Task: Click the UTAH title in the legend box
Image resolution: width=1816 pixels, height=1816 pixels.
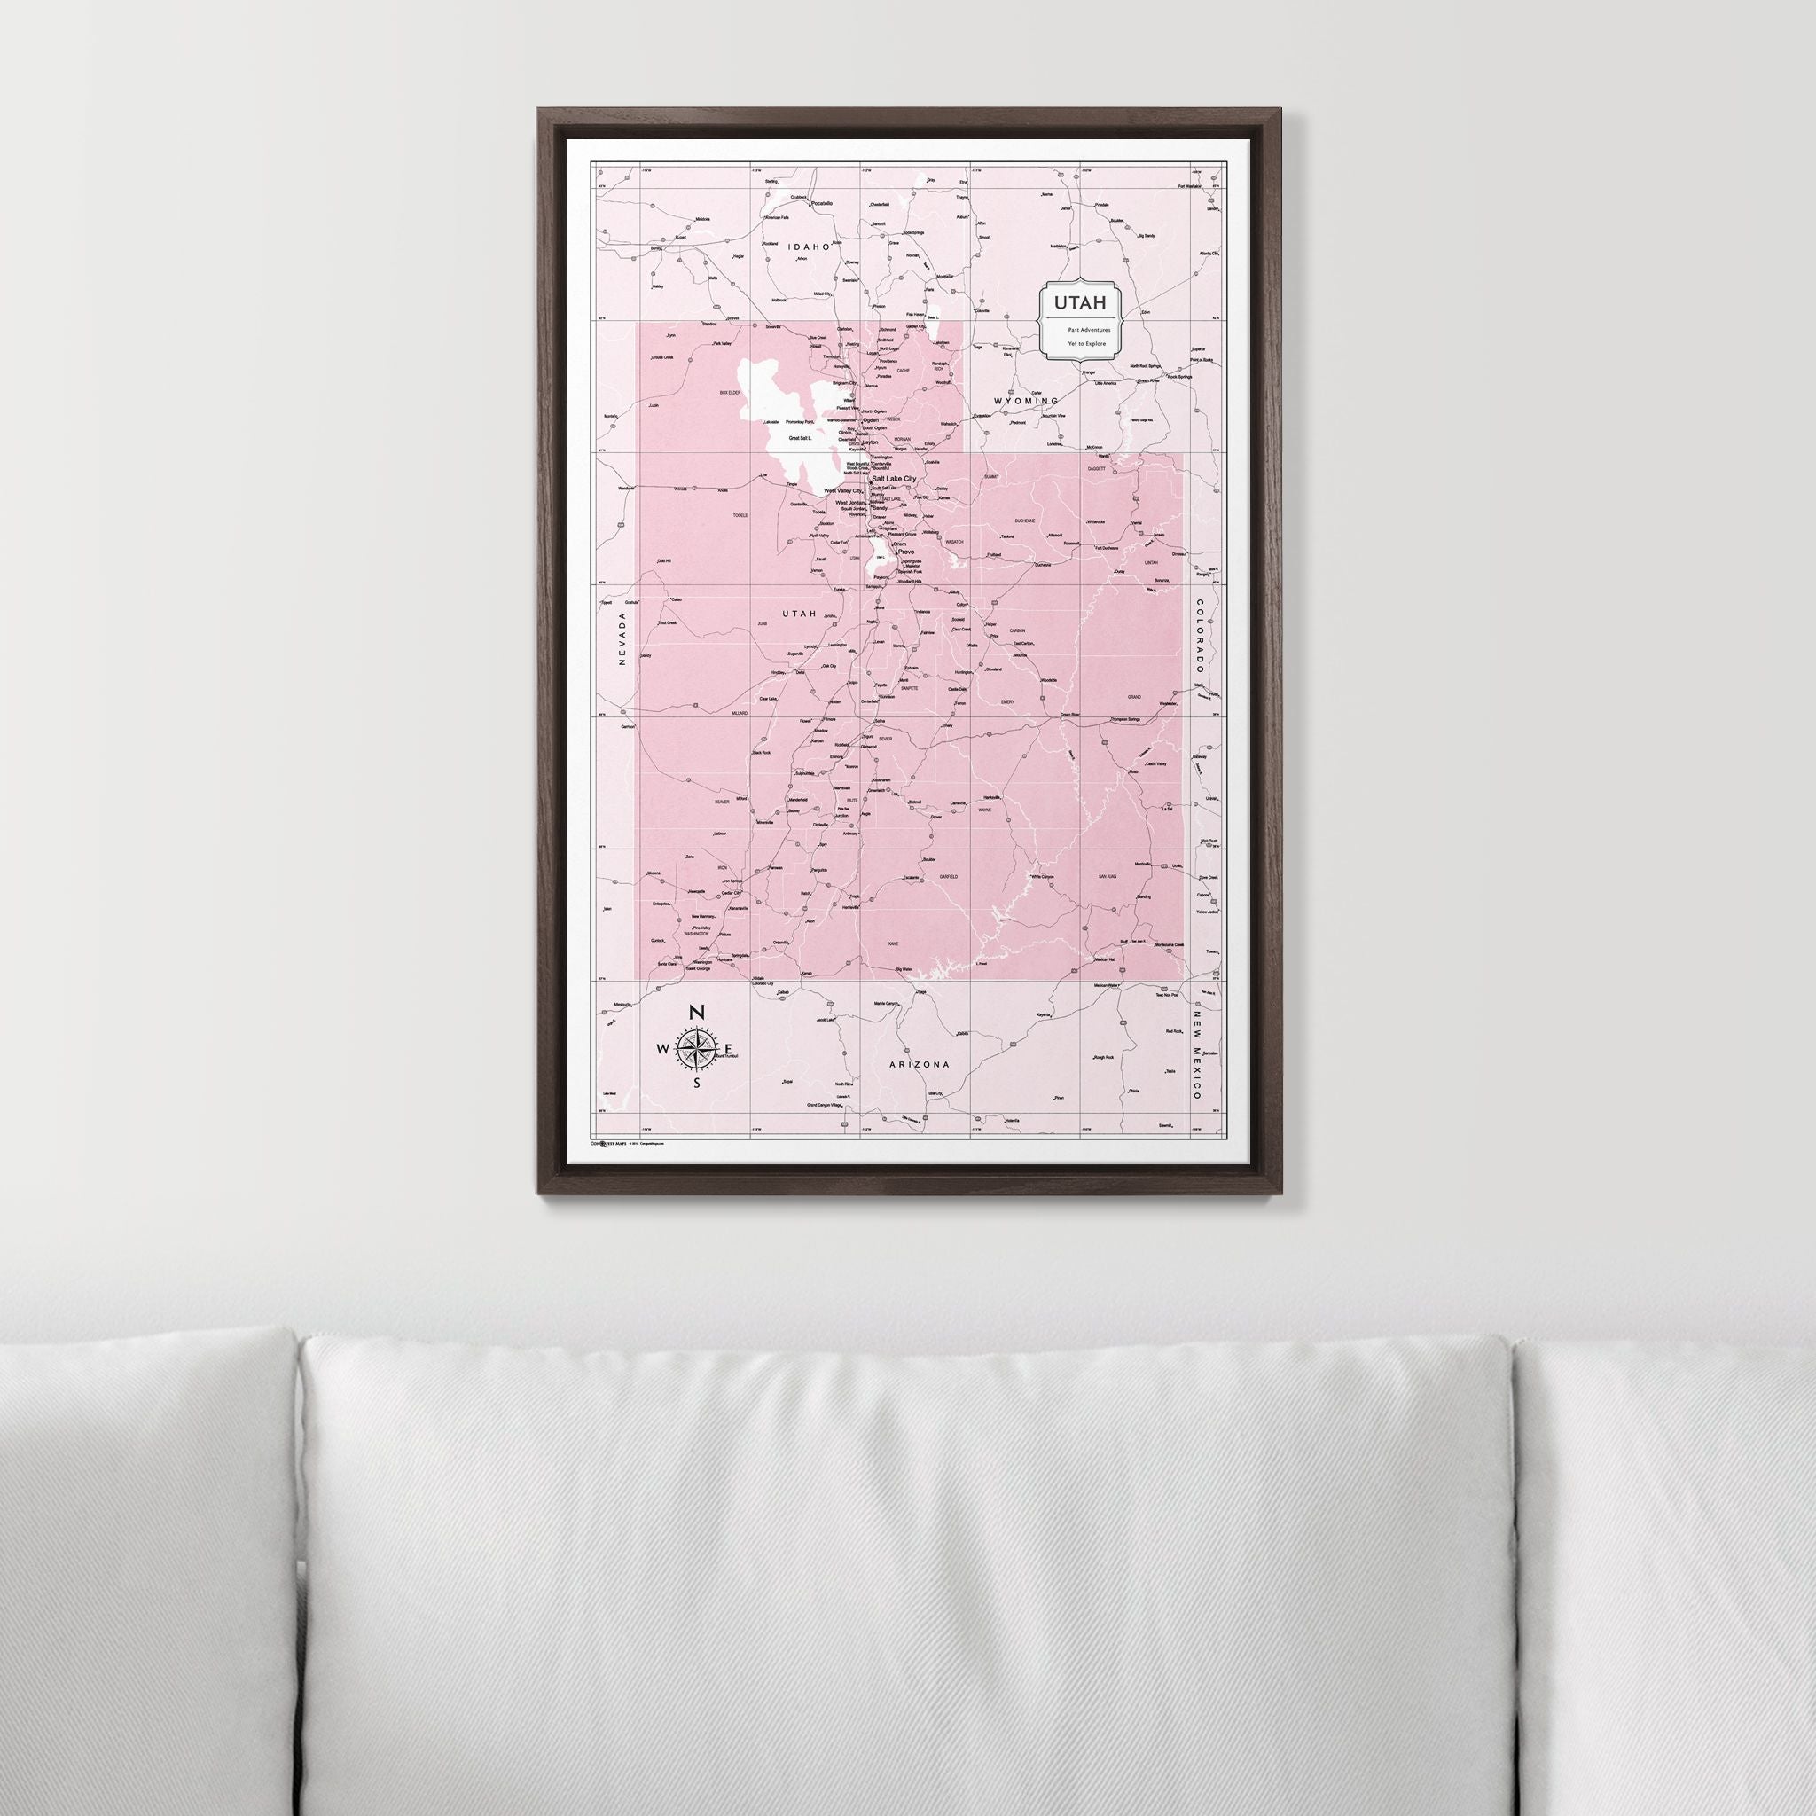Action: click(x=1074, y=302)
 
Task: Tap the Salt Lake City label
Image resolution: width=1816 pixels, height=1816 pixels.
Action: click(x=902, y=480)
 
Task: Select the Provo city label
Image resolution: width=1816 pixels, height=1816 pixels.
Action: click(x=906, y=552)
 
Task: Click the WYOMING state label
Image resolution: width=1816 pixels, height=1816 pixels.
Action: click(x=1027, y=401)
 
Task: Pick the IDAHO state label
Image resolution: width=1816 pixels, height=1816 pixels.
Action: click(x=810, y=247)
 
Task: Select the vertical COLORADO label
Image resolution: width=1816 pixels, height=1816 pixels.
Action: click(x=1200, y=638)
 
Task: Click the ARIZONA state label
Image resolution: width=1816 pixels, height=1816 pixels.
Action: click(x=920, y=1064)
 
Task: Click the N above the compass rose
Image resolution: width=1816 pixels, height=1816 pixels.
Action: click(x=696, y=1013)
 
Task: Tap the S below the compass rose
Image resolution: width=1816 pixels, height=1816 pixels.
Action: click(x=696, y=1084)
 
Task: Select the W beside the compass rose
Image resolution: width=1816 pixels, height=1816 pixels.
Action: click(x=663, y=1050)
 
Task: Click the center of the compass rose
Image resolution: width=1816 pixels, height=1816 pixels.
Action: click(x=696, y=1050)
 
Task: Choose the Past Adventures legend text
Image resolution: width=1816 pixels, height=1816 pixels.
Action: click(x=1089, y=330)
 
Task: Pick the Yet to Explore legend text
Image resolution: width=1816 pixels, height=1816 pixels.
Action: click(x=1086, y=344)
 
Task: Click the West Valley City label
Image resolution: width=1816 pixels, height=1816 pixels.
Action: click(x=842, y=491)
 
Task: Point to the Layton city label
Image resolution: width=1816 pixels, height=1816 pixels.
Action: click(x=870, y=442)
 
